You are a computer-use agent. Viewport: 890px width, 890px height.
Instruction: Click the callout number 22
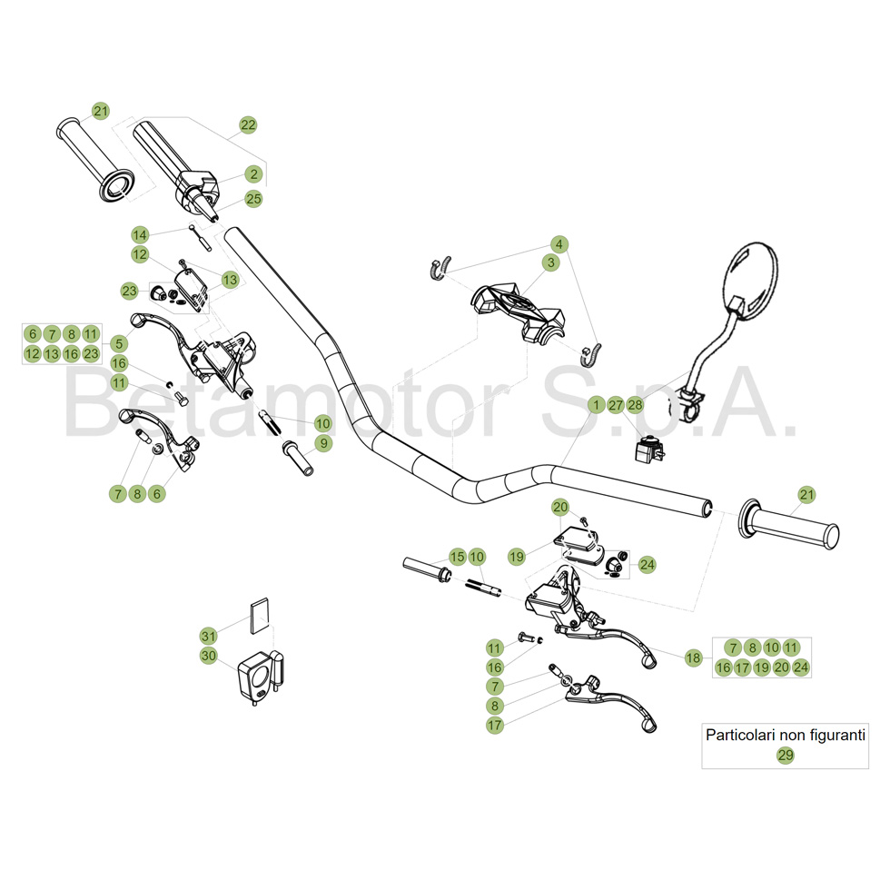[x=249, y=125]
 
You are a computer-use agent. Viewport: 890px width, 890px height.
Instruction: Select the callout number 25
[x=253, y=199]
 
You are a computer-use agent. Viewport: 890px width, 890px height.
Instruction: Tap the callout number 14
[x=139, y=233]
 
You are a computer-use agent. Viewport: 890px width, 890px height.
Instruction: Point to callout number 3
[x=550, y=262]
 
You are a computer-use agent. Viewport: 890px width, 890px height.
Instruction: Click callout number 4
[x=560, y=244]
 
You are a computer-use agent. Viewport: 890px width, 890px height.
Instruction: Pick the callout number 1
[x=596, y=404]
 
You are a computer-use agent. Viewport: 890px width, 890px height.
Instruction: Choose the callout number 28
[x=636, y=404]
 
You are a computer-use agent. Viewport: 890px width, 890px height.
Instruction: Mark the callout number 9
[x=323, y=444]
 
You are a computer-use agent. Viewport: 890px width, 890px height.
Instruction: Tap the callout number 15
[x=457, y=556]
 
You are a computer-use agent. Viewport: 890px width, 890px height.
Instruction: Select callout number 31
[x=209, y=635]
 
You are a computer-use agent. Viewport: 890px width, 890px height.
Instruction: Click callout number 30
[x=209, y=656]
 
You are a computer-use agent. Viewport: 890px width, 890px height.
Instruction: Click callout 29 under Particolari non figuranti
[x=786, y=755]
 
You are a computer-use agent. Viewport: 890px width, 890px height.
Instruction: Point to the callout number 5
[x=119, y=344]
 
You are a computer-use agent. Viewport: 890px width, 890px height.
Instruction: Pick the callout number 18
[x=694, y=658]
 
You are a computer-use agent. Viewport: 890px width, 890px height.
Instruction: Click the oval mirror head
[x=752, y=280]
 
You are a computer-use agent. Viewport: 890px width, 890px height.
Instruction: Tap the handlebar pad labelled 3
[x=519, y=309]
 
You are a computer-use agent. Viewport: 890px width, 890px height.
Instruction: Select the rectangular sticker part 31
[x=260, y=613]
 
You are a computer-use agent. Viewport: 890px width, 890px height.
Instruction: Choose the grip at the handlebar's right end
[x=791, y=526]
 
